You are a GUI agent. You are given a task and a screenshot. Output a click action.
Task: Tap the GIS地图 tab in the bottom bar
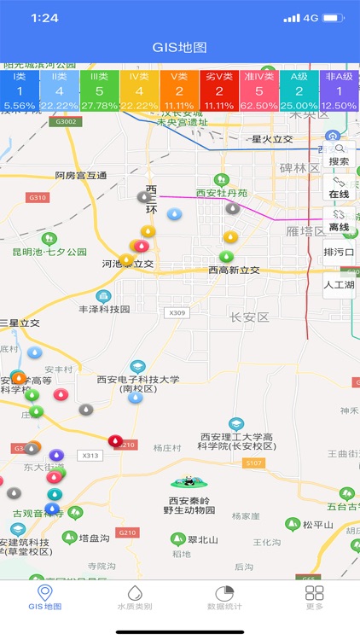pos(44,597)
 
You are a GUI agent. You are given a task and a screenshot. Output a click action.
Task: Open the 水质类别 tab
pos(135,597)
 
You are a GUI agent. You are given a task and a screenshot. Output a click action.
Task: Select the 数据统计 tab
pos(225,597)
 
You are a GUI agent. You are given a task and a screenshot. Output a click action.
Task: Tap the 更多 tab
pos(315,597)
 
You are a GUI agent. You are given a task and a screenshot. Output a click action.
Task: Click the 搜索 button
pos(339,154)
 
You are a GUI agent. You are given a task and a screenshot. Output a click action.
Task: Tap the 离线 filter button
pos(339,220)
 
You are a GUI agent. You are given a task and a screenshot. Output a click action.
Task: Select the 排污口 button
pos(339,253)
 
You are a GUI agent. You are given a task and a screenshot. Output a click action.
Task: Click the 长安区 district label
pos(249,317)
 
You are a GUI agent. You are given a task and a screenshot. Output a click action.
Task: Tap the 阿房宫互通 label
pos(81,176)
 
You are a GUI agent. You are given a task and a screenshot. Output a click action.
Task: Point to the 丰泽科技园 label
pos(104,309)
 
